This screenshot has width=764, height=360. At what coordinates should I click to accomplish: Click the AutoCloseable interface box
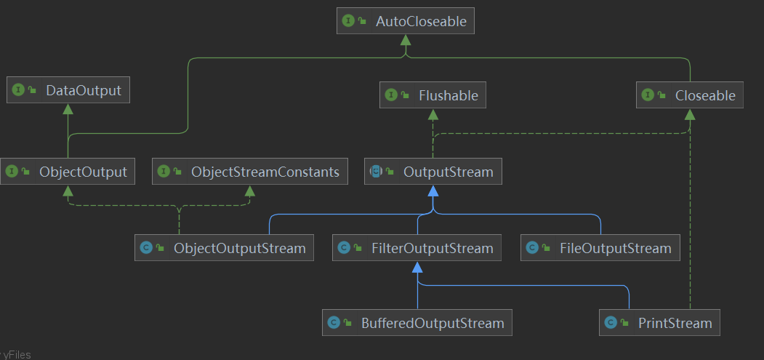pos(406,21)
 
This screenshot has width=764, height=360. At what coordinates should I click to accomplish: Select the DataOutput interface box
pos(69,90)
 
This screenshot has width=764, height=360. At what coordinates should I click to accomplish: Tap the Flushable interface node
pos(433,95)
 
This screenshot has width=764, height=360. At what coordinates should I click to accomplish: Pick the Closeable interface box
pos(689,95)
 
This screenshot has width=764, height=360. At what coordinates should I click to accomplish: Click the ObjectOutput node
pos(68,172)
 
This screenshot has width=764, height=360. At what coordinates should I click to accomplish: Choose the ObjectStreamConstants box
pos(250,172)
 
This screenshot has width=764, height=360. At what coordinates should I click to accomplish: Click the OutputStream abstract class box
pos(433,172)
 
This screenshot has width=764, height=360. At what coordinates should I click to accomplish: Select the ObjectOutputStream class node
pos(225,248)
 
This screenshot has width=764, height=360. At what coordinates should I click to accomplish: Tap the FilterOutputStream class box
pos(417,248)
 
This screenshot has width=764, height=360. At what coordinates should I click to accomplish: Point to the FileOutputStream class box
pos(600,248)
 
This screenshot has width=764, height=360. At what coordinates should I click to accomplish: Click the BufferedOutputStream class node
pos(417,322)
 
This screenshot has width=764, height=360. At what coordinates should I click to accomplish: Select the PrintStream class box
pos(659,322)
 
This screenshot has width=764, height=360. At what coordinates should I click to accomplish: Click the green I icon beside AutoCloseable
pos(348,21)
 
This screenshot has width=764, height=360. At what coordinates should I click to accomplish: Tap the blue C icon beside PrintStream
pos(611,322)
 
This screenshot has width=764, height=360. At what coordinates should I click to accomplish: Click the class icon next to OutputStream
pos(376,172)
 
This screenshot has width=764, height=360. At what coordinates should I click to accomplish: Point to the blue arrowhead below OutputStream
pos(433,191)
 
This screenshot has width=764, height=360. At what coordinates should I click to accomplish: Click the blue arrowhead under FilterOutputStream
pos(417,267)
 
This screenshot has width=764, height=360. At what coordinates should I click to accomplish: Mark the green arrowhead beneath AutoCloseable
pos(406,41)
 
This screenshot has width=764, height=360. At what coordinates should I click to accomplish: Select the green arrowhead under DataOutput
pos(68,109)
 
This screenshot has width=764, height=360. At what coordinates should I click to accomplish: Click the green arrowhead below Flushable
pos(433,114)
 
